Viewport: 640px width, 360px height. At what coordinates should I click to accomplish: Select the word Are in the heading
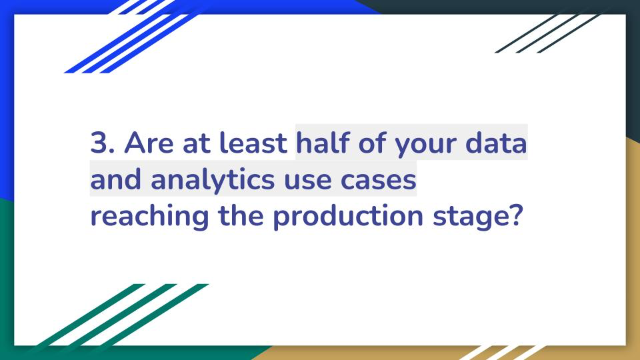[x=149, y=143]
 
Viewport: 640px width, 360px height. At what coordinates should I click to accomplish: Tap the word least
[x=253, y=143]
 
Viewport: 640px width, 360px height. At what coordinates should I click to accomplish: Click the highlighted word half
[x=323, y=142]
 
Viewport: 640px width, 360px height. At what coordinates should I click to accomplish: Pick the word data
[x=496, y=143]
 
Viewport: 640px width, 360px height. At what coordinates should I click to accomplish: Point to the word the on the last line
[x=241, y=215]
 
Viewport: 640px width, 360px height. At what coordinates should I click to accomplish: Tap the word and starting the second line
[x=115, y=179]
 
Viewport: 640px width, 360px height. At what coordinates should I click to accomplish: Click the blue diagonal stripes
[x=131, y=39]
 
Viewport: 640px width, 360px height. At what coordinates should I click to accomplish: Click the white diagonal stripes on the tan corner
[x=502, y=353]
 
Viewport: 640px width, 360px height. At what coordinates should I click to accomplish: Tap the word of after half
[x=372, y=142]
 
